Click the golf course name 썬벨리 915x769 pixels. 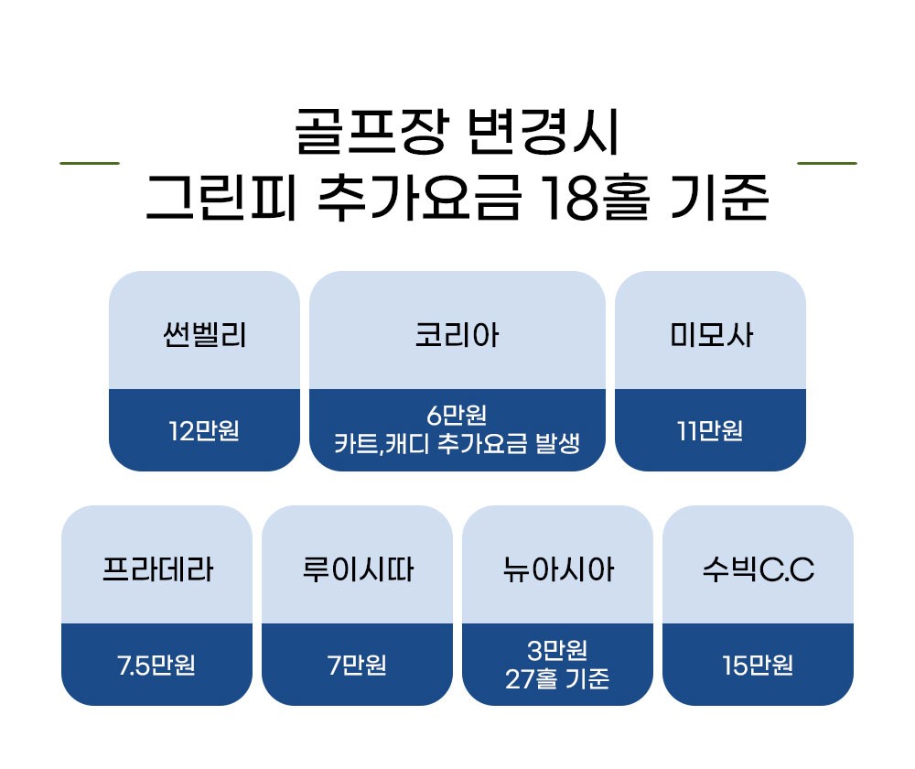click(x=204, y=336)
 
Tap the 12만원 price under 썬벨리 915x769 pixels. click(x=204, y=429)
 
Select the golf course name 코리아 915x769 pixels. click(x=457, y=336)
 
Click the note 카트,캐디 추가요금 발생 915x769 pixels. click(x=457, y=445)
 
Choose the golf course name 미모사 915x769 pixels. click(x=710, y=336)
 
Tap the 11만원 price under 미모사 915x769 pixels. click(x=710, y=429)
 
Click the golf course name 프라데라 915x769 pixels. click(x=156, y=570)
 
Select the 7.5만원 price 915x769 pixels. click(x=156, y=664)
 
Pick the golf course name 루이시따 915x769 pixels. click(x=357, y=570)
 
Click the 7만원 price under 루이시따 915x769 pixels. click(x=357, y=664)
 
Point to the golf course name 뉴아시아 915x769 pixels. click(x=557, y=570)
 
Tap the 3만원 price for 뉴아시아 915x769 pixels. click(x=557, y=650)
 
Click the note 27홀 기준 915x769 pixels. click(x=557, y=679)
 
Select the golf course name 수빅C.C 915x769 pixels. click(x=758, y=570)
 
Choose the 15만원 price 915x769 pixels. click(x=758, y=664)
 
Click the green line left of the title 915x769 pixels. click(x=89, y=163)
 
